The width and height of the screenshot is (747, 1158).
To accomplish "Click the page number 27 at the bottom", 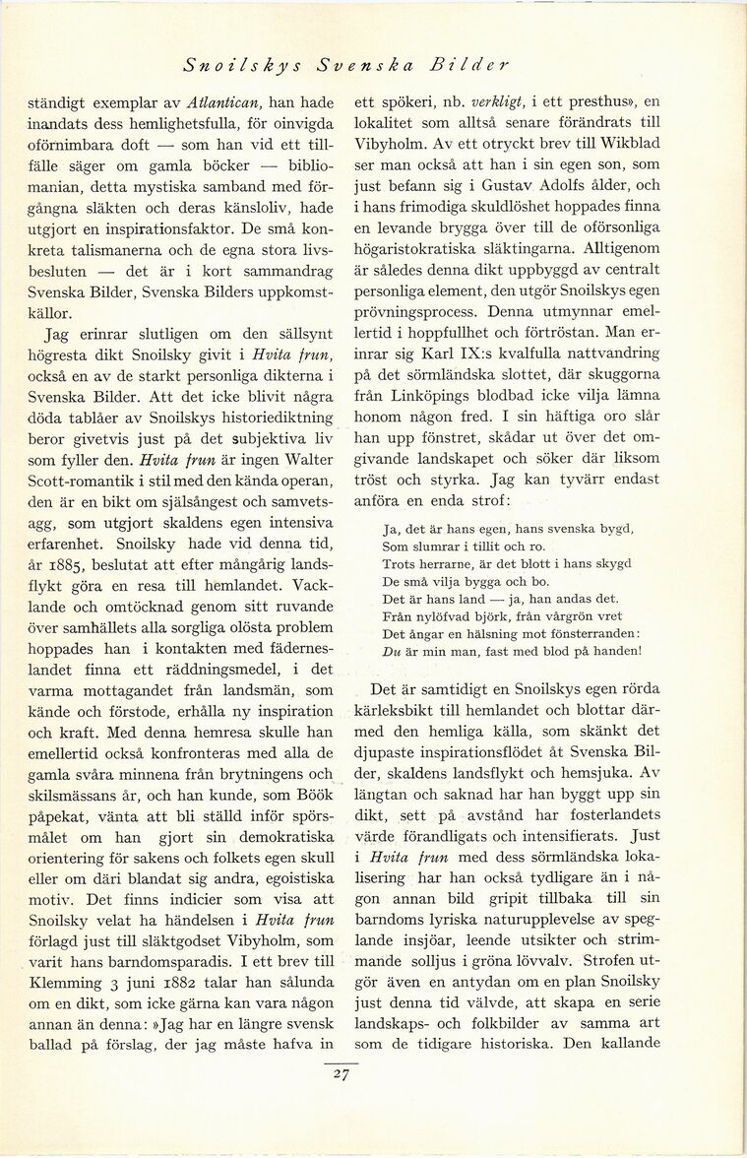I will pos(341,1075).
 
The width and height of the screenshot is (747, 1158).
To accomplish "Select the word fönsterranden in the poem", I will pos(590,632).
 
